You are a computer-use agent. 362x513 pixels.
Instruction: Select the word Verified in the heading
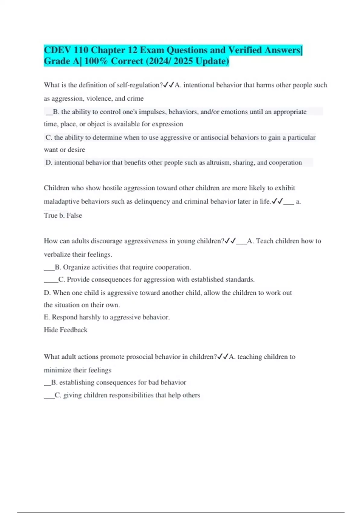point(245,50)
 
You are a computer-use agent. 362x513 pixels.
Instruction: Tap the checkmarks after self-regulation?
point(168,85)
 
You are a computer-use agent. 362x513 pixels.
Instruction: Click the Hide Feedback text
point(65,330)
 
